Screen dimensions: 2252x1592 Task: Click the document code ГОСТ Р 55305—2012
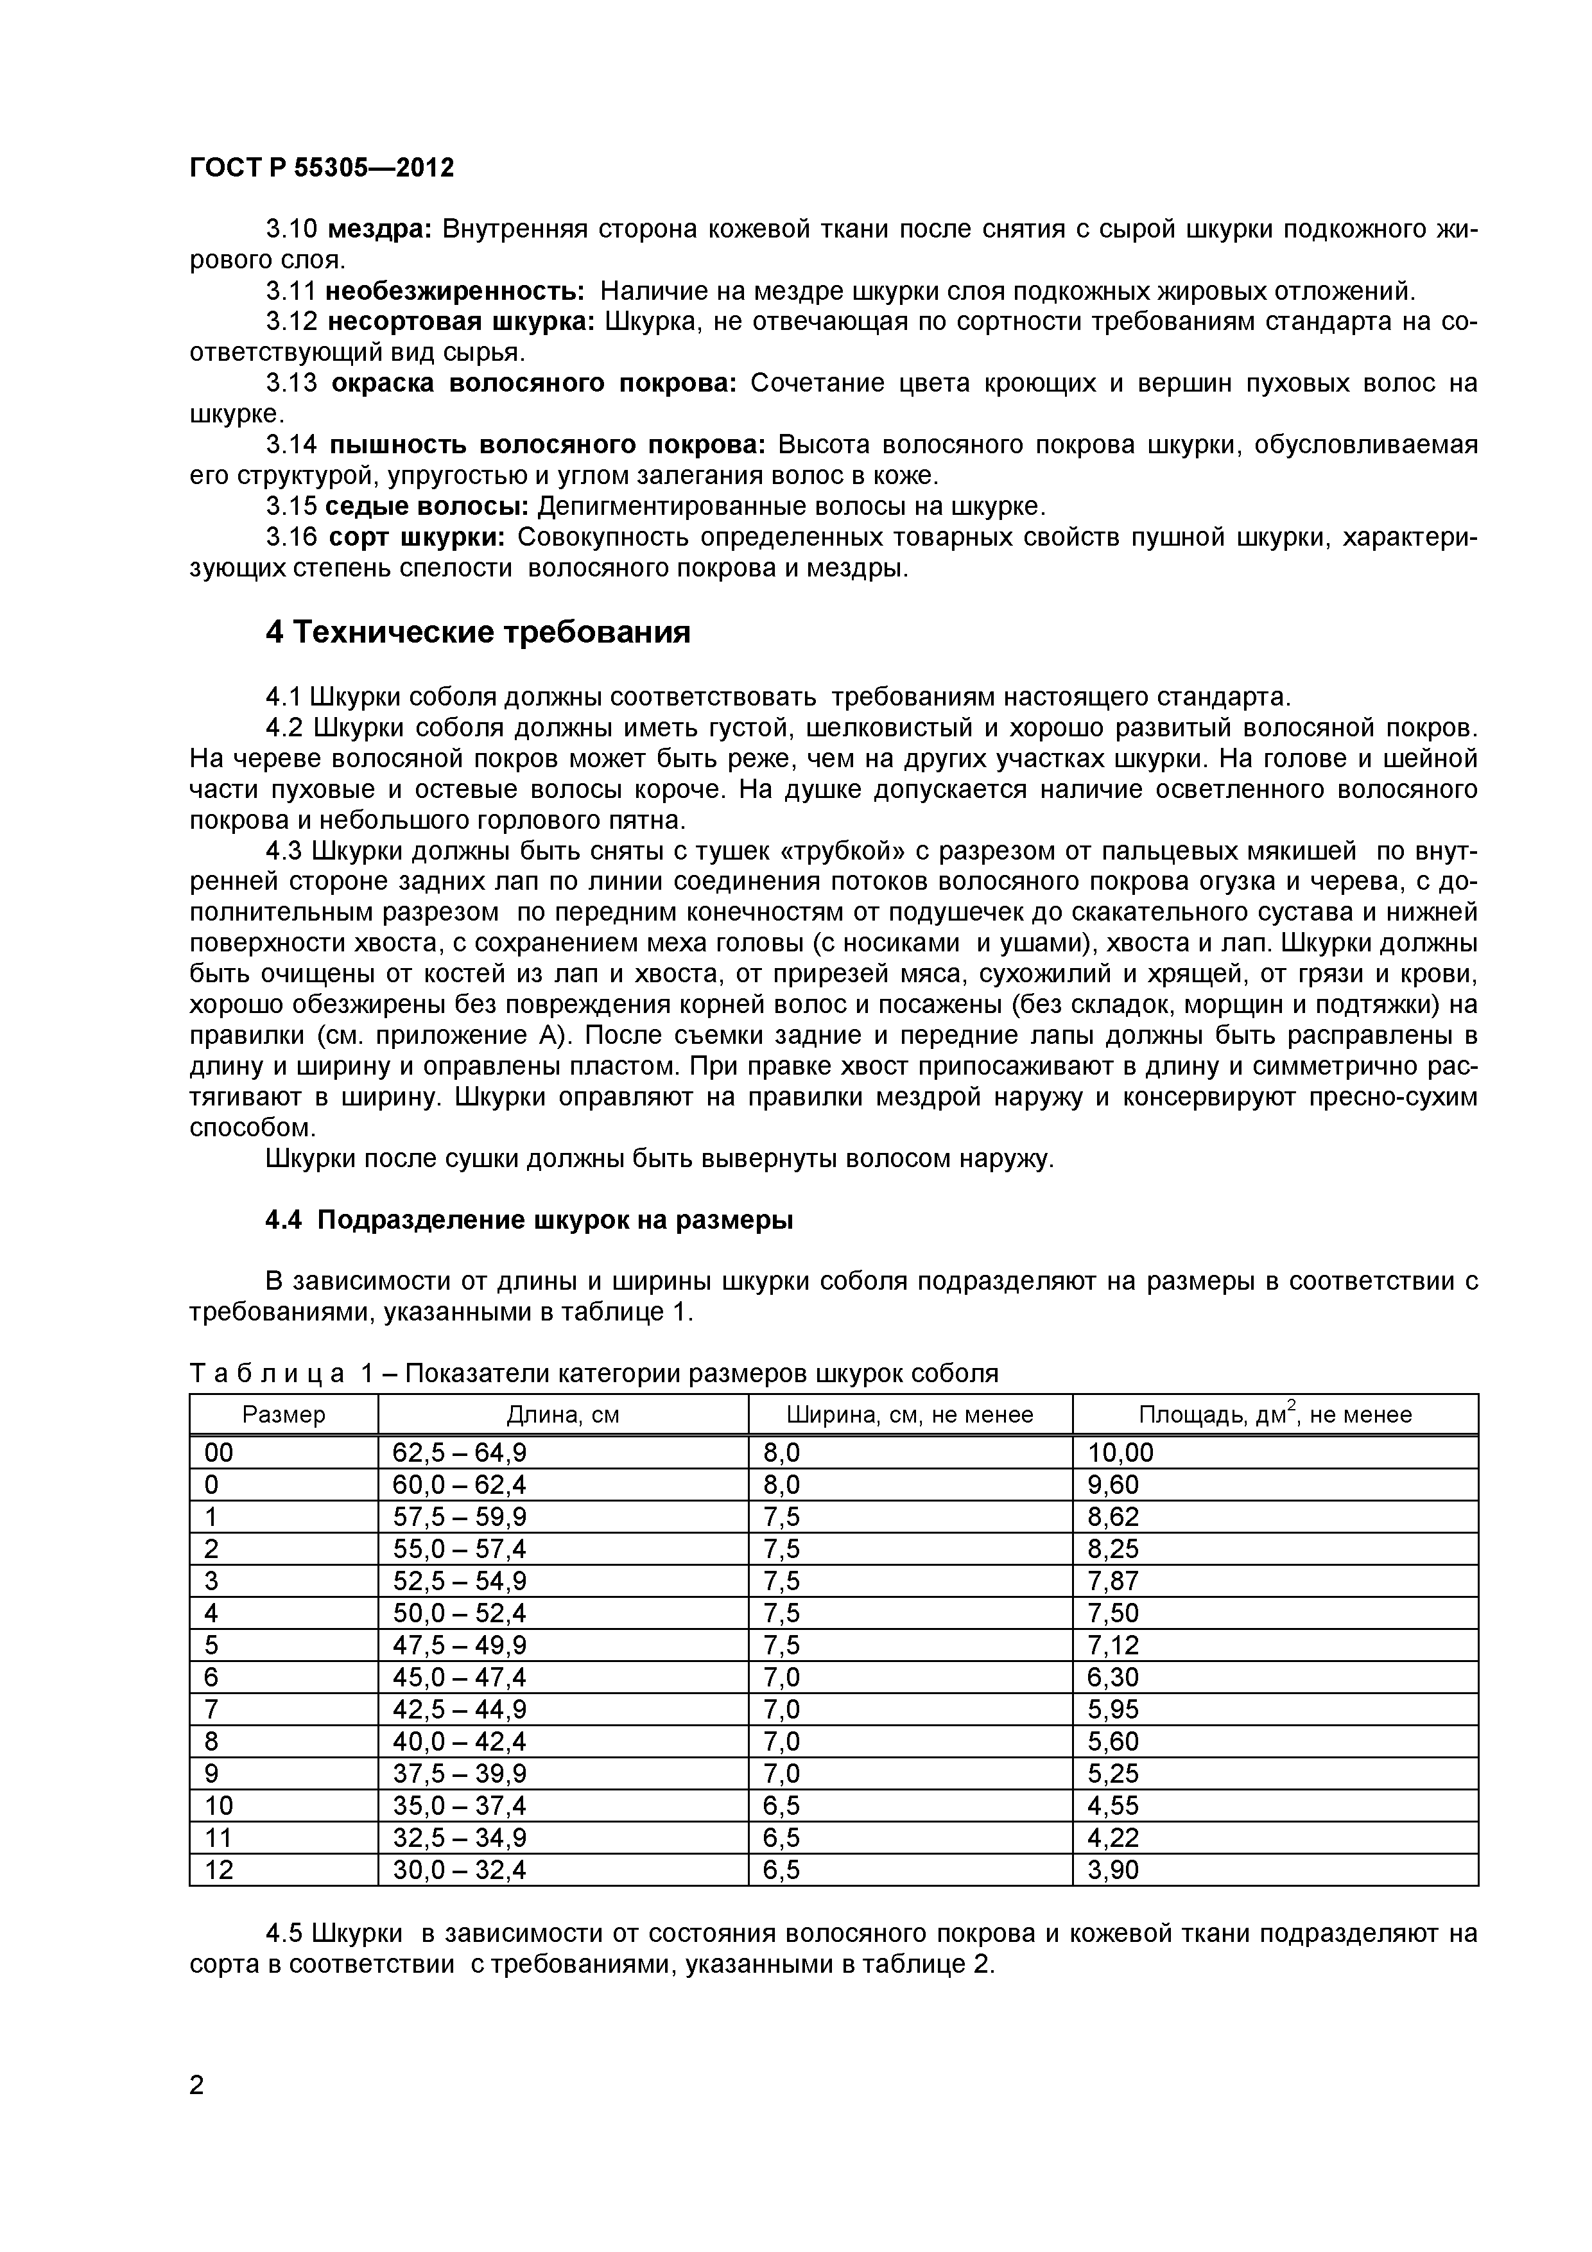point(322,168)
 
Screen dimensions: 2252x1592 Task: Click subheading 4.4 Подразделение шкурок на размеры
point(530,1220)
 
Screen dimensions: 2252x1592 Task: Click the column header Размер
point(284,1414)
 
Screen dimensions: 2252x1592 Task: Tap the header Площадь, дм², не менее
point(1274,1414)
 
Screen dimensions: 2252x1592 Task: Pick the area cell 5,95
point(1112,1710)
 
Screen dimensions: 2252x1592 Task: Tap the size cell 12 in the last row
point(219,1871)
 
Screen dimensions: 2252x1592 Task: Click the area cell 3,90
point(1112,1871)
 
